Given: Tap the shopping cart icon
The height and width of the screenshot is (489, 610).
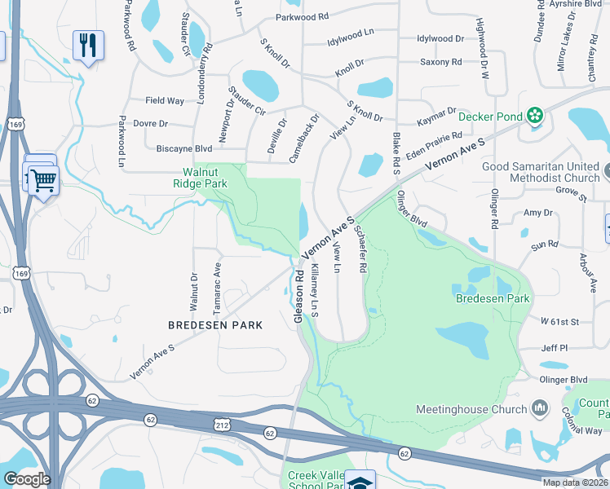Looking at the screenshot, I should tap(43, 178).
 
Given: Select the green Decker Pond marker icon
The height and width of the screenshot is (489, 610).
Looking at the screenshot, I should tap(535, 117).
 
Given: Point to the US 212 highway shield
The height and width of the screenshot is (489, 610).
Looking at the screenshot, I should tap(221, 425).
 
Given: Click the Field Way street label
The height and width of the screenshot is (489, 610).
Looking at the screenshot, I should tap(165, 101).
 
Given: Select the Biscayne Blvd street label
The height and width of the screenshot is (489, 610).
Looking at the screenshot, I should tap(183, 149).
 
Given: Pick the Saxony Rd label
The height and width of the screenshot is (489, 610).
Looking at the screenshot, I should tap(440, 62).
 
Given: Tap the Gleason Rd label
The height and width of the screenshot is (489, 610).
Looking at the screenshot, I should tap(299, 295).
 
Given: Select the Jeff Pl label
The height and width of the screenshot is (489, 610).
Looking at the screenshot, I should tap(554, 348).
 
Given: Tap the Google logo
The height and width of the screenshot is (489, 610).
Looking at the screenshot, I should tap(26, 479).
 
